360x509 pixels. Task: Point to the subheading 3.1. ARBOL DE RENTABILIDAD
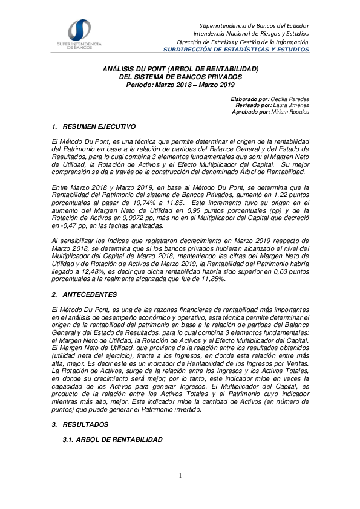[x=113, y=439]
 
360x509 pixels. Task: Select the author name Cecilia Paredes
[x=290, y=99]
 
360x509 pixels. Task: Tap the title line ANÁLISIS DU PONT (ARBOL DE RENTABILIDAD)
[x=180, y=70]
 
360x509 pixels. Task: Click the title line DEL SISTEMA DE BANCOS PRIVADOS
[x=180, y=77]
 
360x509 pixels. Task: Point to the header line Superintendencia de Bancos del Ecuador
[x=254, y=26]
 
